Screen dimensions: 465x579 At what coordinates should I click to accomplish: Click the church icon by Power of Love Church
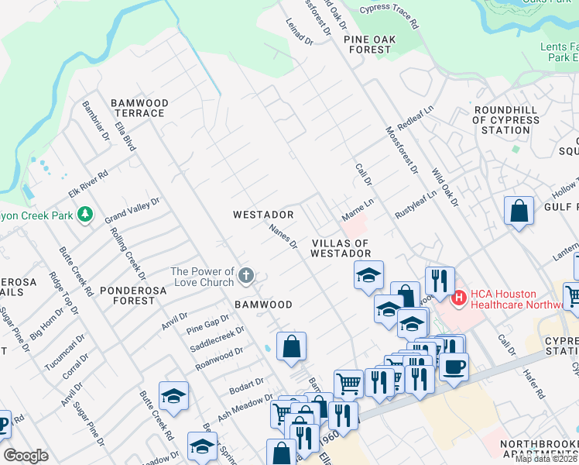[x=246, y=275]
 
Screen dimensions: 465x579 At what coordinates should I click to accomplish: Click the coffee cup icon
[x=454, y=366]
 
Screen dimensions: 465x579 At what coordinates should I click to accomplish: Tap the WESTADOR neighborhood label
[x=264, y=214]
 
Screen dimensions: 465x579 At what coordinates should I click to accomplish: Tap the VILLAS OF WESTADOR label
[x=341, y=248]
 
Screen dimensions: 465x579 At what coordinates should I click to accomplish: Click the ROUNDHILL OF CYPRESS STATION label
[x=506, y=120]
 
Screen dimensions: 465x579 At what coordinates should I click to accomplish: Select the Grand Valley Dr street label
[x=132, y=211]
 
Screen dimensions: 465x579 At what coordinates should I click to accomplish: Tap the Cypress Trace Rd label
[x=389, y=16]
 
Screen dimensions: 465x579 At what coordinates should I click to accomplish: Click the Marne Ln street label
[x=358, y=208]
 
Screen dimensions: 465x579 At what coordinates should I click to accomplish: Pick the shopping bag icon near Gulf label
[x=519, y=211]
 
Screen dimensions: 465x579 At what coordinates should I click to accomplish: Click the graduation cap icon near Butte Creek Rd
[x=174, y=397]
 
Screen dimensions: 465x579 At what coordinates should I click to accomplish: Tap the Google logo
[x=26, y=456]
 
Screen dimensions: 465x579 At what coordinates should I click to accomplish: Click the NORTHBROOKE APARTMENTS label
[x=539, y=449]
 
